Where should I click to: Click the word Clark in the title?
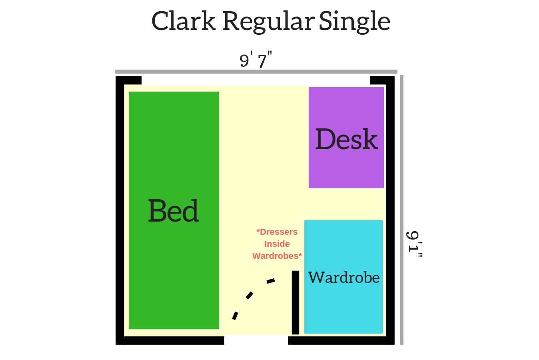(184, 21)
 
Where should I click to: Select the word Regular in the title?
(269, 22)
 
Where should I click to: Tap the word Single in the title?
(355, 22)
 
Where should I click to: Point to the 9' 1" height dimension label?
(414, 244)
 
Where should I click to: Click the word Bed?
(174, 210)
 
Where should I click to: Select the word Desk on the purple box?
(346, 139)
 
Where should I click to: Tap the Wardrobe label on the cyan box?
(344, 278)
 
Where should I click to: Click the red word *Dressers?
(277, 232)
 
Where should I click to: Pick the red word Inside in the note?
(277, 244)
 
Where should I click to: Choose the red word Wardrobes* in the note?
(277, 256)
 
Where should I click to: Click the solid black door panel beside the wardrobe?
(295, 302)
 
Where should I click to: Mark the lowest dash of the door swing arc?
(235, 316)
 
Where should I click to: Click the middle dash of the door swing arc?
(250, 295)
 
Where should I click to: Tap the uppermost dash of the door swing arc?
(271, 281)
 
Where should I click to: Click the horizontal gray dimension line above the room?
(256, 72)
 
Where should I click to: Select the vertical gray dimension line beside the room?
(402, 210)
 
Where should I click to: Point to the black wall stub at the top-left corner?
(128, 80)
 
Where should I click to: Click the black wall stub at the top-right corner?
(382, 80)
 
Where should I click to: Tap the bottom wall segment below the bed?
(170, 340)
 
